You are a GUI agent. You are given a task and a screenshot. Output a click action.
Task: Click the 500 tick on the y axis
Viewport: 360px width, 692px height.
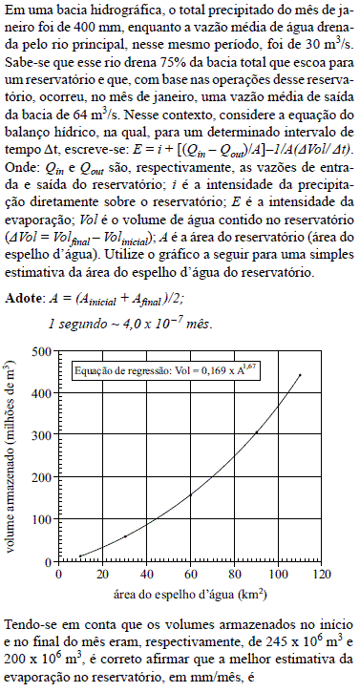46,351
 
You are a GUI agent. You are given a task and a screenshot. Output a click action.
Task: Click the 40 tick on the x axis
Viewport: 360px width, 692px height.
146,575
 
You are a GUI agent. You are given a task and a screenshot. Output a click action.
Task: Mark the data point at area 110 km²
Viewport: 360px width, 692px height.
300,375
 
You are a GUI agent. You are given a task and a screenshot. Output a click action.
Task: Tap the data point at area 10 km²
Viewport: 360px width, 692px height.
80,556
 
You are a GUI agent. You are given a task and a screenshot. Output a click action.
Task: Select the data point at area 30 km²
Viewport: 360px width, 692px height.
124,536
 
